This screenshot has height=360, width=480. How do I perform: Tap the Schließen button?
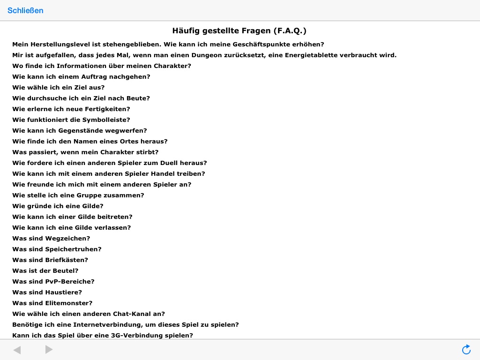[25, 10]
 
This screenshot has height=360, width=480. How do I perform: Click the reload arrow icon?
[466, 349]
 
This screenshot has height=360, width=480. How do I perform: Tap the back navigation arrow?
[17, 350]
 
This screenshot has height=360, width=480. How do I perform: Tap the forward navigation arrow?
[49, 350]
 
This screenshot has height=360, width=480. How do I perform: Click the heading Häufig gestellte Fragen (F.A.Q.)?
[239, 31]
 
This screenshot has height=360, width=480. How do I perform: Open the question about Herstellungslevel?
[168, 45]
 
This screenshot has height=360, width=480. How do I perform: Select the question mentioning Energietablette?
[204, 55]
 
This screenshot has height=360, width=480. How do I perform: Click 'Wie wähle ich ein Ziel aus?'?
[58, 88]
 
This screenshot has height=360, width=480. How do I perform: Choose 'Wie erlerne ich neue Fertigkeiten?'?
[71, 109]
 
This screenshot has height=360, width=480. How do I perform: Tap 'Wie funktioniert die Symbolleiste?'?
[71, 120]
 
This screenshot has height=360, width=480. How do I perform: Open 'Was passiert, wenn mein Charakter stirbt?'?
[85, 152]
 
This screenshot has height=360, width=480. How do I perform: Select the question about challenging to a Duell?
[109, 163]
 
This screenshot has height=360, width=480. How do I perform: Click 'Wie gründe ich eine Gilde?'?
[58, 206]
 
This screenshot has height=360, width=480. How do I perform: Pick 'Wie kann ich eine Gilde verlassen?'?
[71, 228]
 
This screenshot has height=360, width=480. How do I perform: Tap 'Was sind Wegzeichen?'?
[51, 239]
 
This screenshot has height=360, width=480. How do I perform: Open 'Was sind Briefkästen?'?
[50, 260]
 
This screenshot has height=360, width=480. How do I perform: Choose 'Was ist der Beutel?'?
[45, 271]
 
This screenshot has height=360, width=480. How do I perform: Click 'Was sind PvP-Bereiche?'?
[53, 282]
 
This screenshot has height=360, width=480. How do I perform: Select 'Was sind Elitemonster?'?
[52, 303]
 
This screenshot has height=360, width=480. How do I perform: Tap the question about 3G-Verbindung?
[102, 336]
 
